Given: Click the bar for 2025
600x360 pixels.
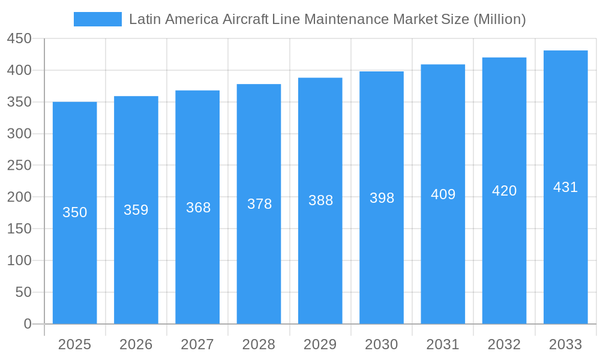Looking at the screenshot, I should tap(75, 213).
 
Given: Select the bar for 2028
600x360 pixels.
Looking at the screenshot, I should tap(259, 204).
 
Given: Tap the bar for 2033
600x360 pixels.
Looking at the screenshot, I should tap(565, 187).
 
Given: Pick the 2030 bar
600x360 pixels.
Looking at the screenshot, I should tap(382, 198).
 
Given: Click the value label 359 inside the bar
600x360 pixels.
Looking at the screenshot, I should tap(136, 210).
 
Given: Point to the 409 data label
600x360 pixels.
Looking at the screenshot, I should tap(443, 194).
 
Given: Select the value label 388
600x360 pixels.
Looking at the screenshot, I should tap(320, 200).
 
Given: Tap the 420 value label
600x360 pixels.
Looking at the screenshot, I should tap(504, 191).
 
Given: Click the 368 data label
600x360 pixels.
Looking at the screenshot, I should tap(198, 208).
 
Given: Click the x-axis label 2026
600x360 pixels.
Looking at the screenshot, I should tap(136, 344).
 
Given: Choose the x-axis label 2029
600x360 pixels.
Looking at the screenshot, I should tap(320, 344).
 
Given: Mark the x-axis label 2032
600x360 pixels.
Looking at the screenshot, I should tap(504, 344).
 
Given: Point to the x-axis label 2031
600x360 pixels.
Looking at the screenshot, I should tap(443, 344).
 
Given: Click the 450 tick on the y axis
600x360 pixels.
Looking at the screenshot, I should tap(19, 39).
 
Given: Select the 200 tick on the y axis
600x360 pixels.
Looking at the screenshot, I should tap(19, 197).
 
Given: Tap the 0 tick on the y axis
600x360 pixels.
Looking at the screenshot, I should tap(28, 324).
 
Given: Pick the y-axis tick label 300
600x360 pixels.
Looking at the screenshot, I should tap(19, 134).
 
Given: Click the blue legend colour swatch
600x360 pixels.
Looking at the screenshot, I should tap(97, 19).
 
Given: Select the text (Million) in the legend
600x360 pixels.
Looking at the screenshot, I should tap(499, 19).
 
